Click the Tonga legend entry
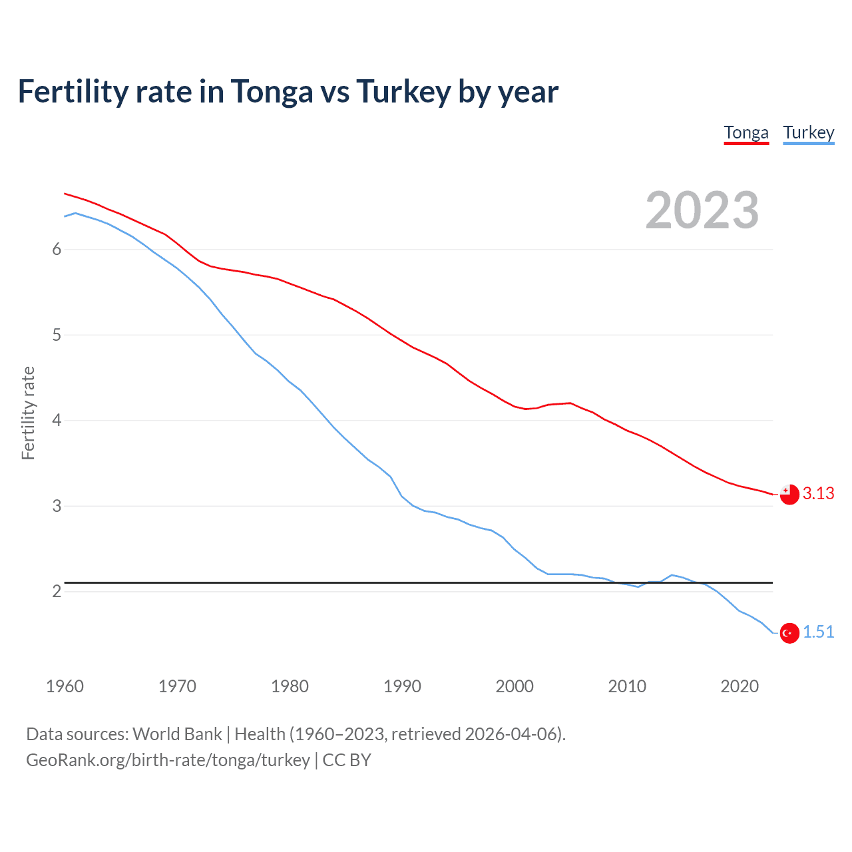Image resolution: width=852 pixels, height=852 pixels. (x=746, y=132)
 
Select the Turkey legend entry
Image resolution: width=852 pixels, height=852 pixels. (x=808, y=132)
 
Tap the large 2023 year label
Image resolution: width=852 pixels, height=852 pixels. (x=702, y=210)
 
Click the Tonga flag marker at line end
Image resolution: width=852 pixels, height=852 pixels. (x=789, y=495)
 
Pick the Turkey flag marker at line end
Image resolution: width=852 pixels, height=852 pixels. (x=789, y=633)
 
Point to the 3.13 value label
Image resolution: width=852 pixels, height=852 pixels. (x=818, y=493)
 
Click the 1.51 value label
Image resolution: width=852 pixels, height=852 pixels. (x=818, y=632)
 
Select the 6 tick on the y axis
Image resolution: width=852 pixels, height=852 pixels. (x=57, y=249)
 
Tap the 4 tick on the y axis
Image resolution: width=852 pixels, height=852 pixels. (x=57, y=420)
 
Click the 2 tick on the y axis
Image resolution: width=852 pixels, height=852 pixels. (x=57, y=591)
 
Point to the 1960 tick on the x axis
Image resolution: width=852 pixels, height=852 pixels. (x=65, y=686)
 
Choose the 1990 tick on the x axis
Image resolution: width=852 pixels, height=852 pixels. (x=402, y=686)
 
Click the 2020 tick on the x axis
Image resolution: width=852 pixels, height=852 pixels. (x=740, y=686)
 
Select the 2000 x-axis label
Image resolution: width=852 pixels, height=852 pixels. (x=515, y=686)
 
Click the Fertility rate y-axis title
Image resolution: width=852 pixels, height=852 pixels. (x=28, y=413)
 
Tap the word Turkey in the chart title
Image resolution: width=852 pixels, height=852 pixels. (x=403, y=91)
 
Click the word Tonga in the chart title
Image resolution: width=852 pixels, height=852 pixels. (x=272, y=91)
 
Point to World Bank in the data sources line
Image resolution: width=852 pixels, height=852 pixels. (x=177, y=734)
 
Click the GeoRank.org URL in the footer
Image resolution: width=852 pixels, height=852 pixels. (x=168, y=760)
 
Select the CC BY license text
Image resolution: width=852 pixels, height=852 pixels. (x=347, y=760)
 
